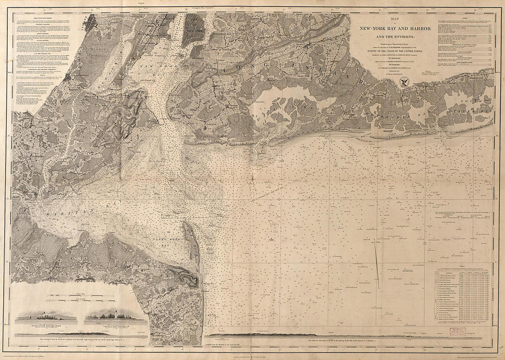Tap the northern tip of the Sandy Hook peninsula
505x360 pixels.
tap(185, 223)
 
